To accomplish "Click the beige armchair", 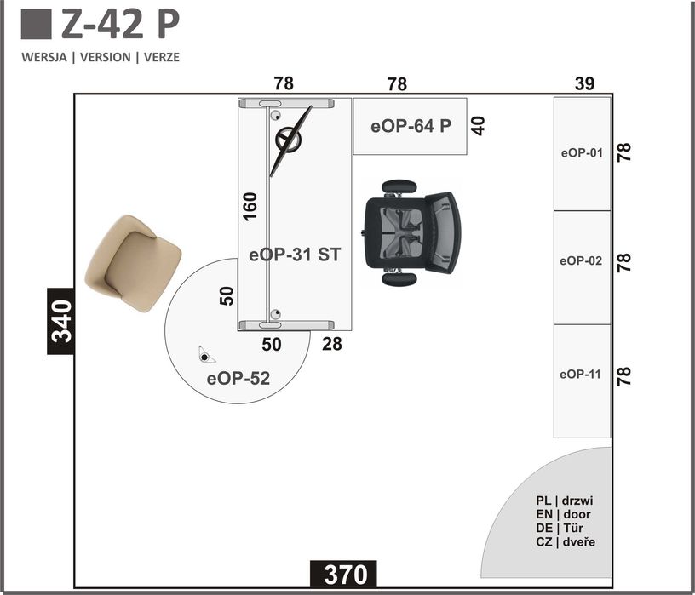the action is (133, 264).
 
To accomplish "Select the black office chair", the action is (412, 232).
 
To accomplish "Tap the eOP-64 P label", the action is (411, 126).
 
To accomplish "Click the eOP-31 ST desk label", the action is (295, 255).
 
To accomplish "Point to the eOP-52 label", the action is (238, 379).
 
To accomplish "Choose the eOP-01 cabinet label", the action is (582, 153).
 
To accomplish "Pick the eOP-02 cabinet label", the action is (581, 261).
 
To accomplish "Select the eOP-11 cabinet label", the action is (581, 375).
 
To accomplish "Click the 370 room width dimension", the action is (346, 575).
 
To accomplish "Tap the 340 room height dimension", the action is (61, 321).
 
